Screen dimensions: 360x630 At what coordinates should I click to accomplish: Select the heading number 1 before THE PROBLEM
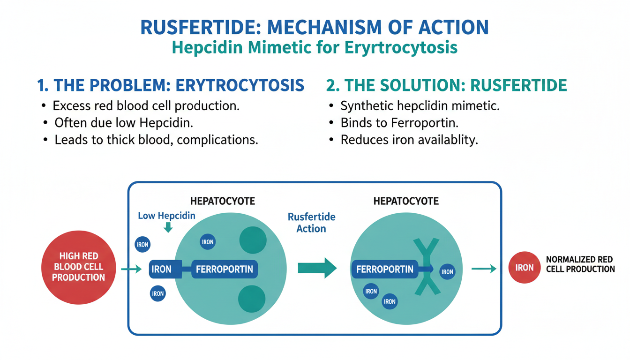pyautogui.click(x=43, y=85)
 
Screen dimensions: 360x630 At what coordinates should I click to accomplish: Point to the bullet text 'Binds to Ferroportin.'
pyautogui.click(x=399, y=123)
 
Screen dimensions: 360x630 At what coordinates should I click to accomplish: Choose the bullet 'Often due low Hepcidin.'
pyautogui.click(x=124, y=123)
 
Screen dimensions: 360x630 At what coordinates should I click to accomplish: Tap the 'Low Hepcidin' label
pyautogui.click(x=166, y=216)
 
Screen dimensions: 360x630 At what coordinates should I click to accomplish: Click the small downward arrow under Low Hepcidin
pyautogui.click(x=168, y=228)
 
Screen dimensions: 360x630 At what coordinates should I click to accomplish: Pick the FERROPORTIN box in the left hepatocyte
pyautogui.click(x=224, y=269)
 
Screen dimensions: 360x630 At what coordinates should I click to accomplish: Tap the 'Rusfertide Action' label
pyautogui.click(x=311, y=223)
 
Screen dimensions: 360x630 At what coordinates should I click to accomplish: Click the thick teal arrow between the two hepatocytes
pyautogui.click(x=317, y=268)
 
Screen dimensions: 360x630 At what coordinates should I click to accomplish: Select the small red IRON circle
pyautogui.click(x=524, y=268)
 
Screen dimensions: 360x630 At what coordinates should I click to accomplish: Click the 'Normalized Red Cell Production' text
pyautogui.click(x=580, y=264)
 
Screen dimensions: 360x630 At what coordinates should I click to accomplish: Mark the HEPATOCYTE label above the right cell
pyautogui.click(x=406, y=201)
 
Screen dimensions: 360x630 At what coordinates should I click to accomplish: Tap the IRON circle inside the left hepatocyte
pyautogui.click(x=207, y=242)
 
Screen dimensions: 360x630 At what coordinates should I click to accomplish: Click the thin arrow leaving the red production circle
pyautogui.click(x=131, y=269)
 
